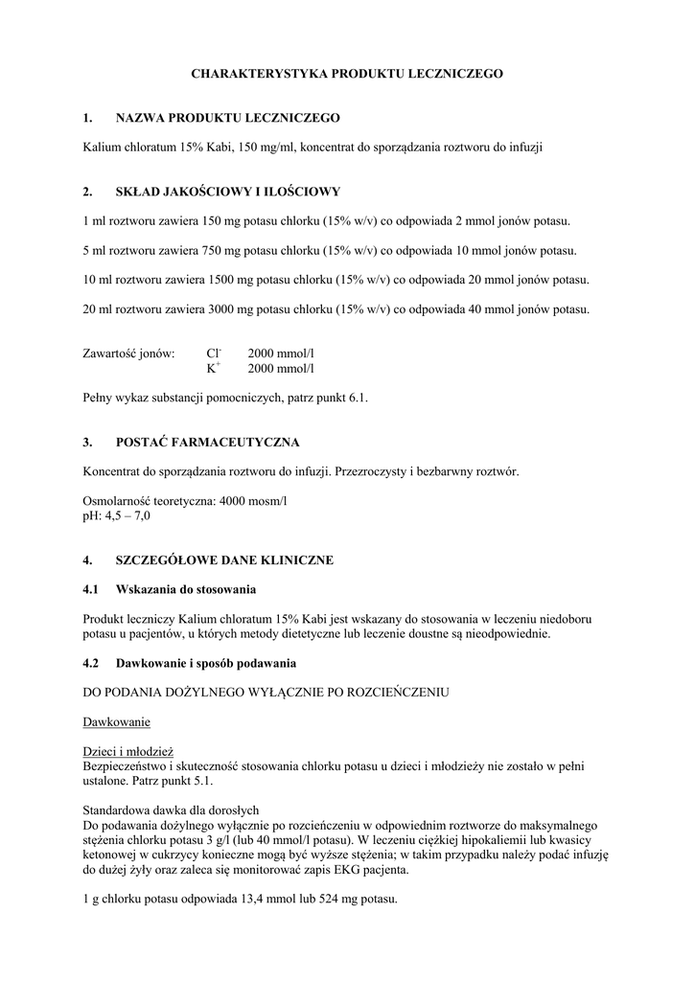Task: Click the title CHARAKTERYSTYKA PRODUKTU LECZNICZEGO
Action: coord(347,73)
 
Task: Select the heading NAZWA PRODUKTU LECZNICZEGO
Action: coord(227,118)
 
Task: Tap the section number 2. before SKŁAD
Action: coord(88,192)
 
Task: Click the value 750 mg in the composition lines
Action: coord(223,251)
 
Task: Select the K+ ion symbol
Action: coord(213,368)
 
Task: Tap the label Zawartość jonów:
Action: coord(129,354)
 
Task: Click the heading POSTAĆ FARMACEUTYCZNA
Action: coord(207,442)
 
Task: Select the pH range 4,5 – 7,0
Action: coord(127,515)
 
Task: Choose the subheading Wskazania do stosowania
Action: coord(185,589)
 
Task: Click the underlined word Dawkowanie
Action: coord(116,720)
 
